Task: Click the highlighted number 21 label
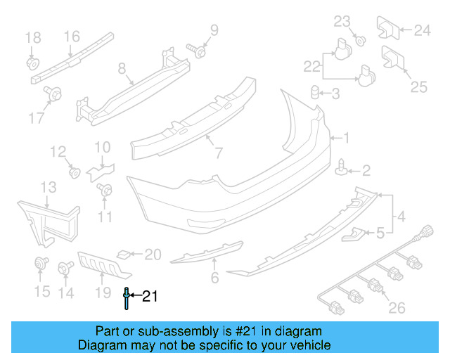[x=149, y=297]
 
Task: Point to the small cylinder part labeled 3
[x=316, y=93]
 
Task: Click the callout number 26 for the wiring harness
[x=397, y=307]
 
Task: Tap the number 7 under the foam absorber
[x=218, y=152]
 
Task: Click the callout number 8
[x=122, y=69]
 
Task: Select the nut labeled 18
[x=32, y=63]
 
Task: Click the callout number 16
[x=72, y=36]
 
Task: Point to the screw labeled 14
[x=68, y=268]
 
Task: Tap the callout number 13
[x=47, y=186]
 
